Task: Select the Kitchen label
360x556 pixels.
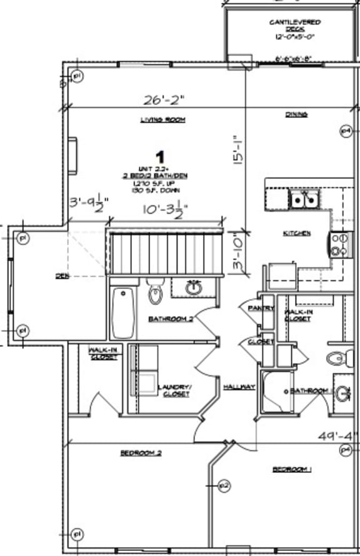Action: click(297, 233)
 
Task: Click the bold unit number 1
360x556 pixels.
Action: click(160, 156)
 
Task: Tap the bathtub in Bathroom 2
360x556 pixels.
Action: click(124, 312)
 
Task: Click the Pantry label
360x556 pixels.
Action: click(261, 309)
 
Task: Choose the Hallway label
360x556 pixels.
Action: click(239, 387)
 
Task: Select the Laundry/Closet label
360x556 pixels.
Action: click(176, 390)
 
